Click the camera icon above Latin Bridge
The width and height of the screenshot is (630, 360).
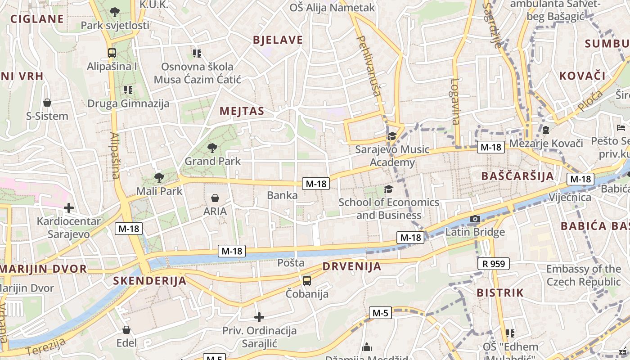pos(475,219)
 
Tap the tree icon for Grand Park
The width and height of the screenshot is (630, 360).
pos(212,148)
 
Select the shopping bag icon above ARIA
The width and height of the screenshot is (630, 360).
pos(215,198)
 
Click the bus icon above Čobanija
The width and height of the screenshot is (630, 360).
pos(307,280)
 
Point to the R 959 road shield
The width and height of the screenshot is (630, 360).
pos(493,264)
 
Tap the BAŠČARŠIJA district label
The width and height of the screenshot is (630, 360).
pos(517,176)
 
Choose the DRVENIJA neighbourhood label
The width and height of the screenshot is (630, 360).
pos(352,266)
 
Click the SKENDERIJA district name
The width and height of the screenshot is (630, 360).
pos(149,281)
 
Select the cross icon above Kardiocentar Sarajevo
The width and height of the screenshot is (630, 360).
pos(68,208)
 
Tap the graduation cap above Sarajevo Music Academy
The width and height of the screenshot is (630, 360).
pos(392,136)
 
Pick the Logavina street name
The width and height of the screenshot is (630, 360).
pos(455,102)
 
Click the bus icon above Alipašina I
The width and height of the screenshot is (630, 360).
pos(112,53)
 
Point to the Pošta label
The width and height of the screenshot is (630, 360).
pos(291,262)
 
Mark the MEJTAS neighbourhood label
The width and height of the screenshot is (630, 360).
pos(242,111)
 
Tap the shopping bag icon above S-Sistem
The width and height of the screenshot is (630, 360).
pos(47,103)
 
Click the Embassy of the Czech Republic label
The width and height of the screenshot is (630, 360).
pos(583,275)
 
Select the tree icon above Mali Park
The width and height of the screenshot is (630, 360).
pos(159,177)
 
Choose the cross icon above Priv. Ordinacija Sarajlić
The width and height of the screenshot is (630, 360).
pos(259,317)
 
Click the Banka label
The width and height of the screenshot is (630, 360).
pos(282,195)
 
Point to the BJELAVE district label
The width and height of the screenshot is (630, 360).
pos(278,40)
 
